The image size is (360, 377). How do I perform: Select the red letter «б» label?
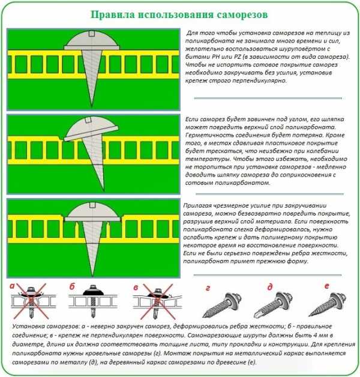click(72, 286)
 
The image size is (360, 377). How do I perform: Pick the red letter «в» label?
click(136, 286)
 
